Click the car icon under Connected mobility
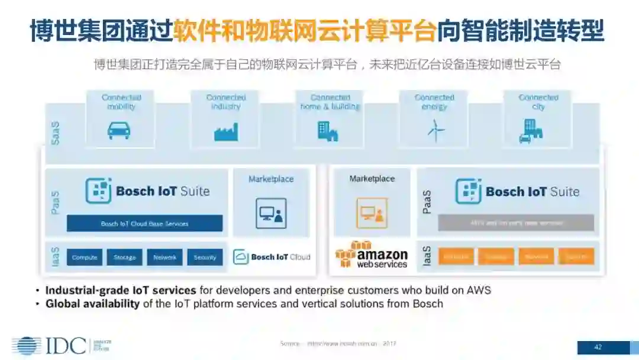coord(119,130)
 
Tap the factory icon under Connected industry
coord(225,131)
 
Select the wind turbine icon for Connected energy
coord(435,130)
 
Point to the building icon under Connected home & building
coord(328,131)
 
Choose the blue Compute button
coord(85,257)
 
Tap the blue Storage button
coord(125,257)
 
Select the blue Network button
coord(165,257)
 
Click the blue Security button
coord(205,257)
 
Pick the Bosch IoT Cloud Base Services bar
coord(144,223)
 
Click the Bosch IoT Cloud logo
coord(272,257)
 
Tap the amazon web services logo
coord(372,255)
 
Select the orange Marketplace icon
coord(372,213)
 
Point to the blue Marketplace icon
coord(271,213)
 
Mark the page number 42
coord(598,348)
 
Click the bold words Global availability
coord(92,304)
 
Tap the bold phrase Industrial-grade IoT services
coord(121,290)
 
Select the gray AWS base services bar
coord(516,223)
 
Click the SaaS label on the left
coord(56,133)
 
